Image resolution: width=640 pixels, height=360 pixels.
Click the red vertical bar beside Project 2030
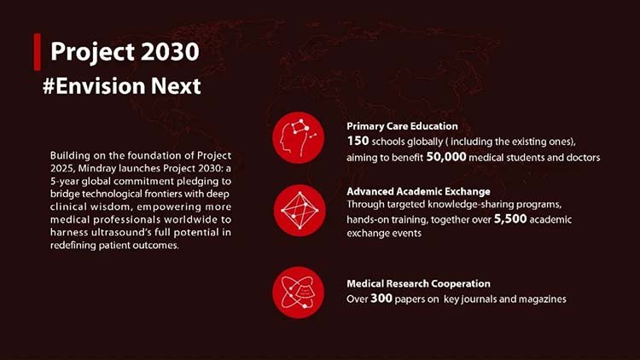tap(36, 51)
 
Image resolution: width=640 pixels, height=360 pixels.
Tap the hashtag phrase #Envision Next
tap(121, 86)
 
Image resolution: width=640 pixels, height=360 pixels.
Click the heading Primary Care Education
tap(402, 126)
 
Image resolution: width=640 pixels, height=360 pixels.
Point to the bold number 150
tap(358, 141)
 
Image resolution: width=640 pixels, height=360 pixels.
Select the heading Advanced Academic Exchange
tap(418, 191)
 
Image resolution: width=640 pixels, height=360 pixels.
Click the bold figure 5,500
tap(510, 220)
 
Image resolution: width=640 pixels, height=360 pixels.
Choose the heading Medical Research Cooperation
tap(418, 283)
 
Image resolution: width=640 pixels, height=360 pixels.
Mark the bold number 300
tap(381, 299)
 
